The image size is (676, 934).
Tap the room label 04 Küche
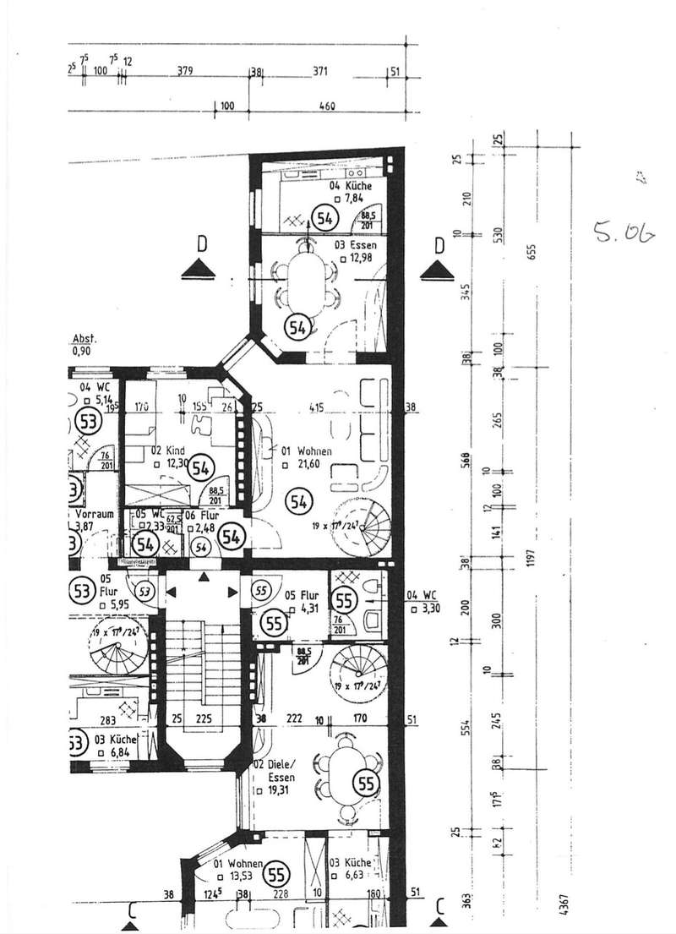[x=351, y=185]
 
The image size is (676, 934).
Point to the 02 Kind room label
[x=169, y=451]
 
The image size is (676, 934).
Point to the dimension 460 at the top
[x=327, y=107]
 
